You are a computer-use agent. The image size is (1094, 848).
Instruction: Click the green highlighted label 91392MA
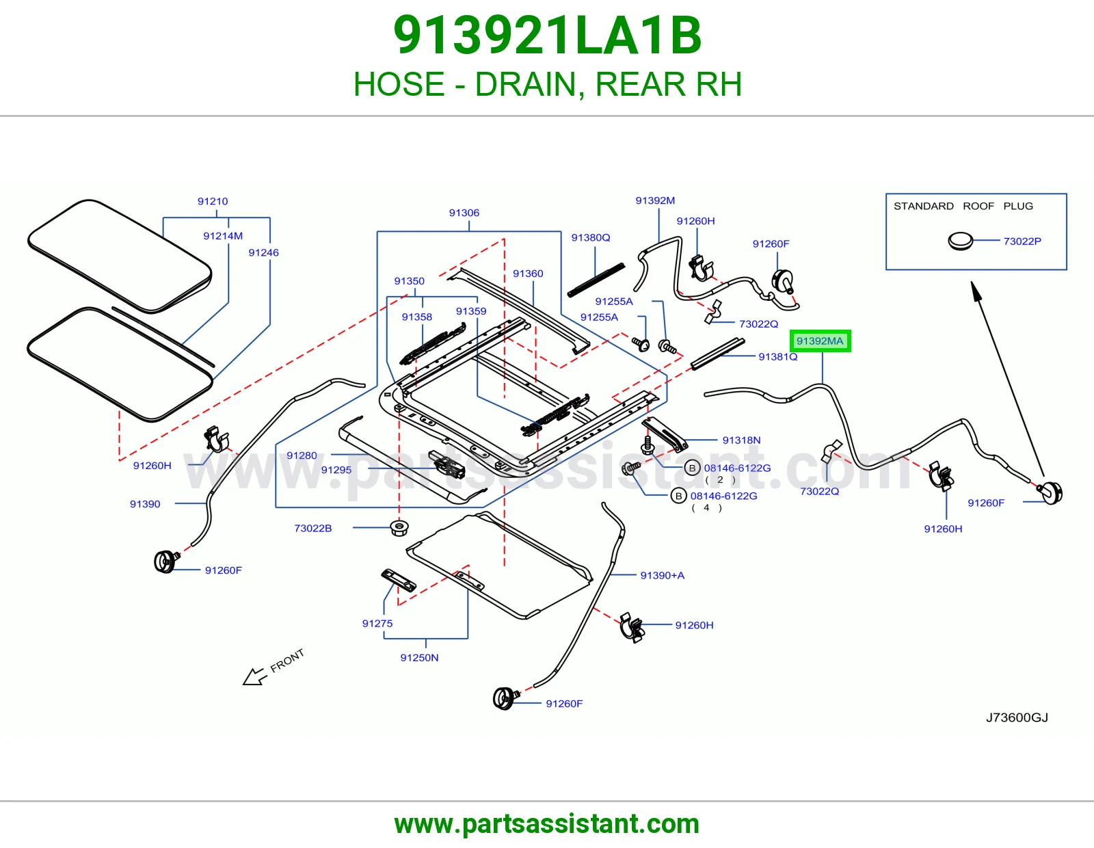pyautogui.click(x=820, y=341)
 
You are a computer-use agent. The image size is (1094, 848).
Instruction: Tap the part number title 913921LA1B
pyautogui.click(x=547, y=36)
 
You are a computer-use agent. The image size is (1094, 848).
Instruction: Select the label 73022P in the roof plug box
pyautogui.click(x=1022, y=241)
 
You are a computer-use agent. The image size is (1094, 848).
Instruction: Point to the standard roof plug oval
pyautogui.click(x=960, y=241)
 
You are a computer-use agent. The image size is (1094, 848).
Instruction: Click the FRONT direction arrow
pyautogui.click(x=254, y=676)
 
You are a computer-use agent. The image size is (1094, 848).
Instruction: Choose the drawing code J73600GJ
pyautogui.click(x=1017, y=717)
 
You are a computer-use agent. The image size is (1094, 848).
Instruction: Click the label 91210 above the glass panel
pyautogui.click(x=213, y=202)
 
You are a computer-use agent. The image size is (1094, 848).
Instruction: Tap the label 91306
pyautogui.click(x=464, y=213)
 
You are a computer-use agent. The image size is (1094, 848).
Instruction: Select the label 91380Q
pyautogui.click(x=591, y=238)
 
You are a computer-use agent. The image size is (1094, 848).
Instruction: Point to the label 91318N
pyautogui.click(x=741, y=440)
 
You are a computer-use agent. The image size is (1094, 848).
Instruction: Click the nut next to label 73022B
pyautogui.click(x=399, y=528)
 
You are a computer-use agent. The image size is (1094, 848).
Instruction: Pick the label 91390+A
pyautogui.click(x=662, y=576)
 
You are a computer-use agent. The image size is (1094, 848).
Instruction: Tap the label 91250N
pyautogui.click(x=419, y=658)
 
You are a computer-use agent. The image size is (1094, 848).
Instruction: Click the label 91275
pyautogui.click(x=377, y=624)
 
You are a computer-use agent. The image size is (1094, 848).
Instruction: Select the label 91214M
pyautogui.click(x=223, y=236)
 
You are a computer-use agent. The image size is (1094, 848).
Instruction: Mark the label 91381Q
pyautogui.click(x=778, y=356)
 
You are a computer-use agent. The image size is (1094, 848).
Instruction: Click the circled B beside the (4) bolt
pyautogui.click(x=678, y=496)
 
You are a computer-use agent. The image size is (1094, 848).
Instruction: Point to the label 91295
pyautogui.click(x=336, y=470)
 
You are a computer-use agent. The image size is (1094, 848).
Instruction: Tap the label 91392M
pyautogui.click(x=655, y=200)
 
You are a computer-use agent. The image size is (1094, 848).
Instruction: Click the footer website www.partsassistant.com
pyautogui.click(x=547, y=824)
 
